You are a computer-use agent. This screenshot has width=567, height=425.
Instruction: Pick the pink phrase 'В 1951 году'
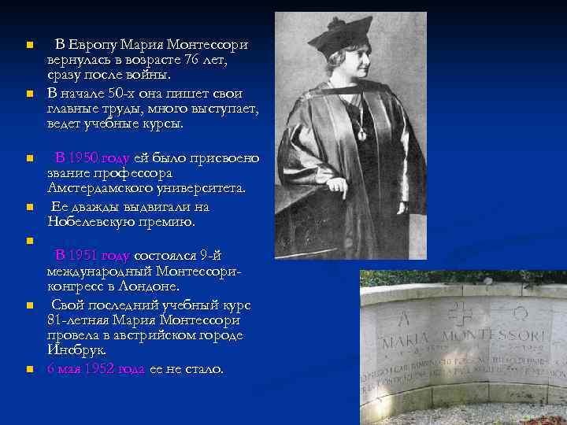tap(91, 255)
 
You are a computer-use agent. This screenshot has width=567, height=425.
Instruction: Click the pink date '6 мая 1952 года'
tap(95, 368)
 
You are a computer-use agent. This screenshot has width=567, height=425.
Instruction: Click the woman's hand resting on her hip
tap(337, 187)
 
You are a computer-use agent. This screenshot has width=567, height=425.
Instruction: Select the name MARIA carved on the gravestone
tap(409, 342)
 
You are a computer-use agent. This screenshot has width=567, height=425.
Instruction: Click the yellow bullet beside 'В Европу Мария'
tap(29, 45)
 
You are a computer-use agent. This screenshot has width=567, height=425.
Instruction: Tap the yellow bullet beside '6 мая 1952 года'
tap(29, 369)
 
